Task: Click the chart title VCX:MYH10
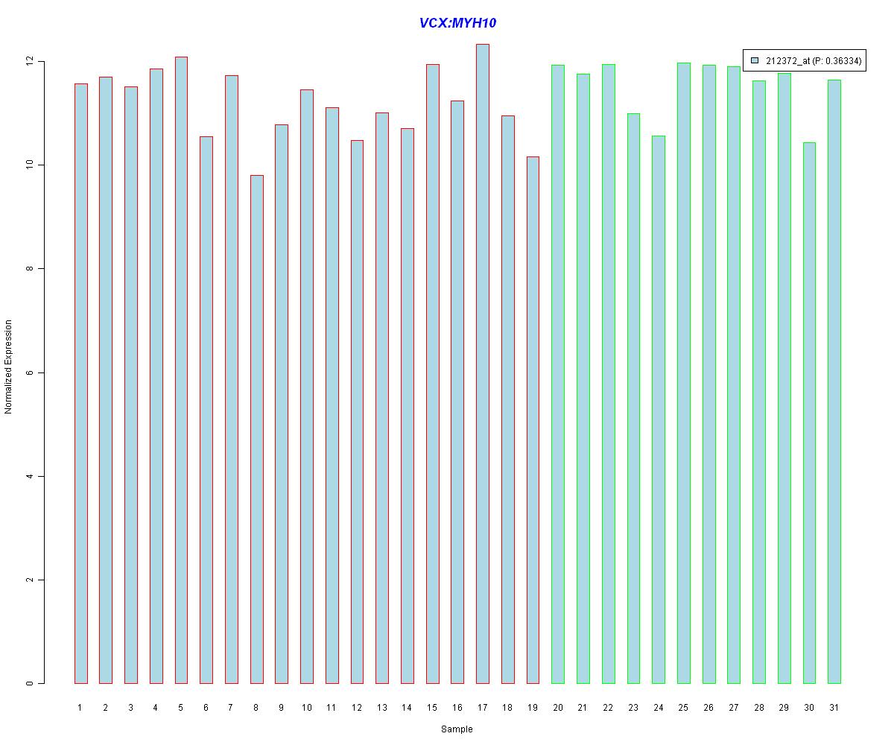pos(457,23)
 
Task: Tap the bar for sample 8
pos(256,429)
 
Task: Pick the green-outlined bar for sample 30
pos(809,413)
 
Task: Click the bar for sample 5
pos(181,370)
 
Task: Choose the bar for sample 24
pos(659,410)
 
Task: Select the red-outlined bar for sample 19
pos(533,420)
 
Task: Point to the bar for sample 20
pos(558,374)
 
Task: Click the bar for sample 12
pos(357,412)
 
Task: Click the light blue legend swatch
pos(755,60)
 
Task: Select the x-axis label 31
pos(834,707)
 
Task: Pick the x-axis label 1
pos(80,707)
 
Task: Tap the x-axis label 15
pos(432,707)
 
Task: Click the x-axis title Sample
pos(457,729)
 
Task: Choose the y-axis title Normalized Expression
pos(8,367)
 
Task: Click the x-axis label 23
pos(633,707)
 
